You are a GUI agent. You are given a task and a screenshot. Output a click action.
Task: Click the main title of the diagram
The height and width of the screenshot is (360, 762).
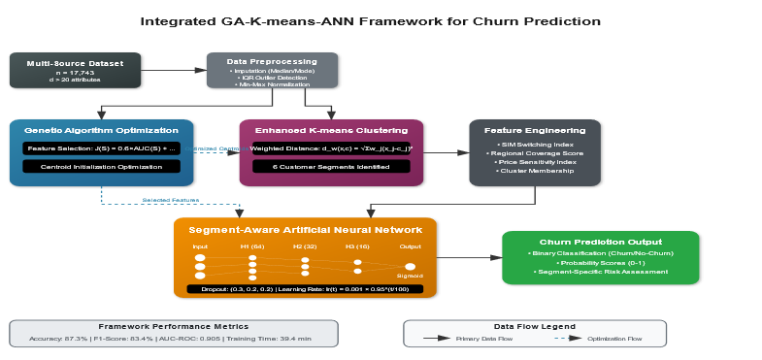click(370, 20)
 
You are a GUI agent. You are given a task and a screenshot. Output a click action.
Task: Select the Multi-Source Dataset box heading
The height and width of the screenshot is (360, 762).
click(75, 63)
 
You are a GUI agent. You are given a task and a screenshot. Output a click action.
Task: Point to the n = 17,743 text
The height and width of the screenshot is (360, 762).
click(75, 73)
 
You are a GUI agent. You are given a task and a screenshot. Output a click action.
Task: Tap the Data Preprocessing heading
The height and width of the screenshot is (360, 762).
click(272, 61)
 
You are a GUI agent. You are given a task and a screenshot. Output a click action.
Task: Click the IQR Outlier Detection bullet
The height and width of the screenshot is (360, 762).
click(272, 78)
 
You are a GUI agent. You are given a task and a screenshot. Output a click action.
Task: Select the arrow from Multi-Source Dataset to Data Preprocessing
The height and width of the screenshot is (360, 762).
click(174, 70)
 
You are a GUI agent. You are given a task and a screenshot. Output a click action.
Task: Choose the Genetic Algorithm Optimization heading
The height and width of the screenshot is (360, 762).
click(101, 130)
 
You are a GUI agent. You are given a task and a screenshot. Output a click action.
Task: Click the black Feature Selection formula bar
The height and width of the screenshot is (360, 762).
click(101, 148)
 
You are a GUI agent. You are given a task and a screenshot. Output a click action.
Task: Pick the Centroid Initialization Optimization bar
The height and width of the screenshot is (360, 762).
click(101, 166)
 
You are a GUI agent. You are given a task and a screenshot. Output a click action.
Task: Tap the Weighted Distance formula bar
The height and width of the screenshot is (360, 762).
click(331, 148)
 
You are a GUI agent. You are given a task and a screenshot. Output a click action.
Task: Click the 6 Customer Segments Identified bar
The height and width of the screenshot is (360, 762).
click(331, 166)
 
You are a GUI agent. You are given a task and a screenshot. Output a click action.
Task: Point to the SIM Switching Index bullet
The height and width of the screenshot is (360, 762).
click(535, 145)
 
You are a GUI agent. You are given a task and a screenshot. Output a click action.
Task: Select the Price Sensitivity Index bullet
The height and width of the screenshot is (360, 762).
click(535, 162)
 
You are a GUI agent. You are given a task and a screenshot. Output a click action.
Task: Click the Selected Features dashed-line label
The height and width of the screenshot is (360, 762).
click(171, 200)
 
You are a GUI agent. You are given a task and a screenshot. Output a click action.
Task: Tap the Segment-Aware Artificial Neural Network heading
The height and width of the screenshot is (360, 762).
click(305, 230)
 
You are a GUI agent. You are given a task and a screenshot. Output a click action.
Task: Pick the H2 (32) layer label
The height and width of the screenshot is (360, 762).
click(305, 247)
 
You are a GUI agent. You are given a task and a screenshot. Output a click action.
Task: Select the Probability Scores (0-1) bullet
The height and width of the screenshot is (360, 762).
click(600, 262)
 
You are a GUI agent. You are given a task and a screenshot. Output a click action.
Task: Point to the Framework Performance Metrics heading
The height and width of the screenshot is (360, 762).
click(173, 327)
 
